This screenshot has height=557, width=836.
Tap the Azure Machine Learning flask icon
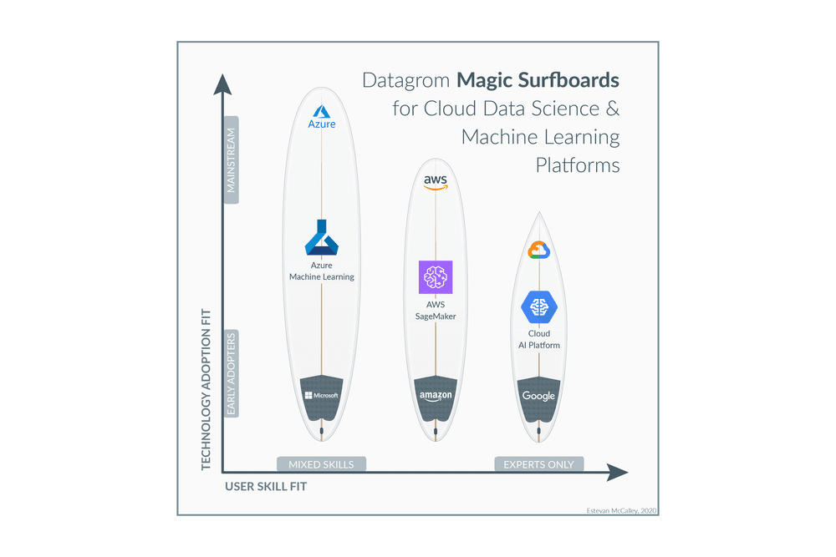(322, 238)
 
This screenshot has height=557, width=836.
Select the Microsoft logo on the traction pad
(322, 395)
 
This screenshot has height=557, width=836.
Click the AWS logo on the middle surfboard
(436, 182)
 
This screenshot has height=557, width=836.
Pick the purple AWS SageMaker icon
(436, 277)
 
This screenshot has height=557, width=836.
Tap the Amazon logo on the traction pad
(436, 396)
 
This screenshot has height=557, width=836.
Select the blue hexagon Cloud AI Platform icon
(538, 307)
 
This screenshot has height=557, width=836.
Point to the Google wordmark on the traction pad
(538, 396)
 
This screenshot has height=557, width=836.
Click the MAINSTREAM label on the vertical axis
(232, 160)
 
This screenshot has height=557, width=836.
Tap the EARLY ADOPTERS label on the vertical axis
(232, 373)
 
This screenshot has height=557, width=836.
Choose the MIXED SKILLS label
(321, 464)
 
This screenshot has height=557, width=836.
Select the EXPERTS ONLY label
(538, 464)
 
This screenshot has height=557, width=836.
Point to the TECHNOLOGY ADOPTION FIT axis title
(206, 389)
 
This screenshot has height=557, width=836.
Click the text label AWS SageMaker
(436, 311)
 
